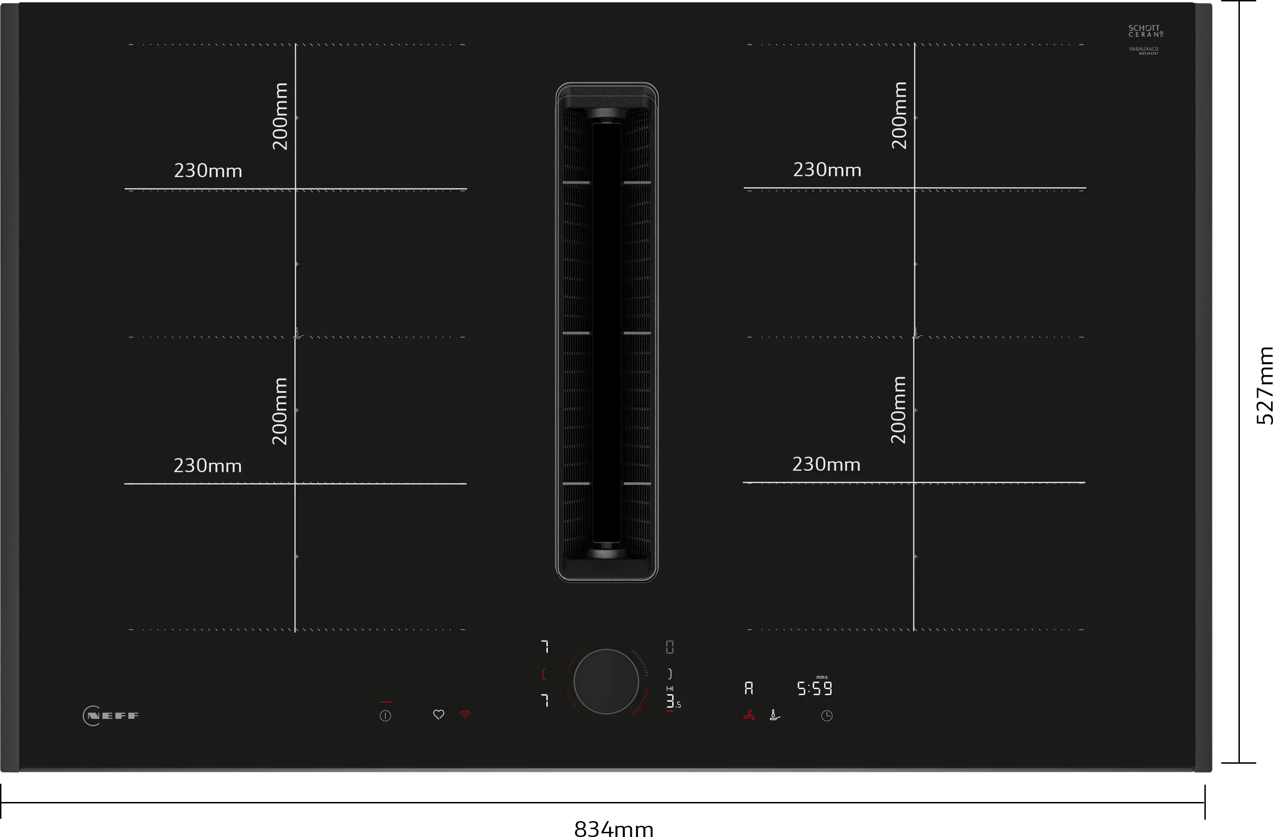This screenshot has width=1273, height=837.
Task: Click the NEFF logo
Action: click(x=111, y=716)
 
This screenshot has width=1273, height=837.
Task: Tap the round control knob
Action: click(x=606, y=681)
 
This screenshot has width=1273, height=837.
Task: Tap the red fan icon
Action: click(x=749, y=715)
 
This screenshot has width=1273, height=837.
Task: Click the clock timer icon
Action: click(x=826, y=716)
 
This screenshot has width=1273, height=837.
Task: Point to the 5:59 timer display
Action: click(x=815, y=689)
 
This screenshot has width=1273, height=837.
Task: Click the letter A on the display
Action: click(x=749, y=688)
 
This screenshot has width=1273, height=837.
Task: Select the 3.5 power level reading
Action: click(x=673, y=702)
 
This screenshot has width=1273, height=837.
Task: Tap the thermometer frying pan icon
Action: click(x=775, y=715)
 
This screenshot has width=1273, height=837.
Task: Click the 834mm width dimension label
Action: click(x=614, y=829)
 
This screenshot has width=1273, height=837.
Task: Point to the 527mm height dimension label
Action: click(x=1263, y=385)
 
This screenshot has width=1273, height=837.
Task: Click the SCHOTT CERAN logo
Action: click(x=1145, y=31)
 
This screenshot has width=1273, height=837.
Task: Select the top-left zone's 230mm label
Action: click(x=208, y=171)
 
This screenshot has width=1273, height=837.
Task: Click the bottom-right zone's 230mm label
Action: click(x=826, y=464)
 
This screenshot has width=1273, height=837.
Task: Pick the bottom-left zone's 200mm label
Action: click(x=280, y=411)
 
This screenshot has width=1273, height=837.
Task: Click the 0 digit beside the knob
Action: click(x=670, y=647)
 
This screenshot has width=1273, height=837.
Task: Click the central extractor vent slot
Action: click(x=607, y=332)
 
